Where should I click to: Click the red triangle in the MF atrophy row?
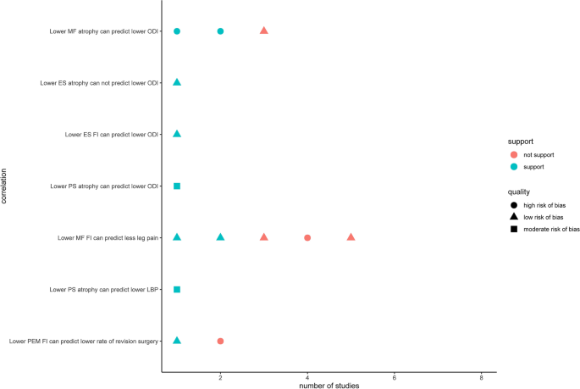point(264,31)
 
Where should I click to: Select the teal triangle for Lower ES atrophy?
point(177,82)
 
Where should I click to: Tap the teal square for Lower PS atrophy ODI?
point(177,186)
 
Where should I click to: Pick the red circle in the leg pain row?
point(307,237)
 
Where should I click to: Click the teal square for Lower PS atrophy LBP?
point(177,289)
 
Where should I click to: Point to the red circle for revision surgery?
point(220,341)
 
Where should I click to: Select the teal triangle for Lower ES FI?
point(177,134)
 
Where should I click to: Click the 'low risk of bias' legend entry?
point(539,217)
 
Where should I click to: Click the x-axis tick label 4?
point(307,376)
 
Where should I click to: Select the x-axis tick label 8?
point(481,376)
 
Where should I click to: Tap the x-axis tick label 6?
point(395,376)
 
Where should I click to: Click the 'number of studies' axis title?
point(329,385)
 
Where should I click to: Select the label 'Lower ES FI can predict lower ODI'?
point(112,134)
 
